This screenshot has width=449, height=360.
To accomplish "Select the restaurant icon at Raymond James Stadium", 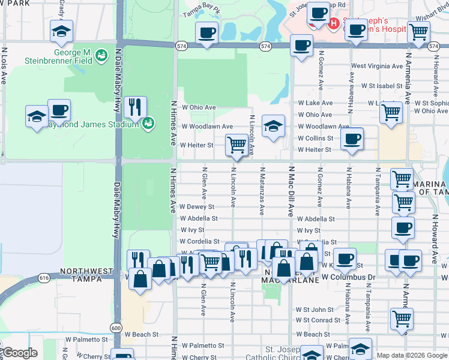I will coord(135,107).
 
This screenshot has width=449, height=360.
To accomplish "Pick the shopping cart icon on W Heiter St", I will coord(237,145).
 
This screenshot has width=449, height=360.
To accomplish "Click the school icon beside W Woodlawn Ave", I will coord(273,127).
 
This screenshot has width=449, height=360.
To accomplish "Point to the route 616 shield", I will coord(44,278).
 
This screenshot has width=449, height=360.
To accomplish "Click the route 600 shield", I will coord(116,328).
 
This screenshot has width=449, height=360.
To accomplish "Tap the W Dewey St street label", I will coord(197,207).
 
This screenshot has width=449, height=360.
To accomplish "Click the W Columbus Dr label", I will coord(348,277).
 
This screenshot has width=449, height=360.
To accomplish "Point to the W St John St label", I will coord(314,310).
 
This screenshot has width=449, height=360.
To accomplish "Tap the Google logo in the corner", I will coord(19,353).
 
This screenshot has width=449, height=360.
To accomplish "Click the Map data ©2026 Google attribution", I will coord(411,355).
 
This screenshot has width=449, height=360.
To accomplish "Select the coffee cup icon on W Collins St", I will coord(351,139).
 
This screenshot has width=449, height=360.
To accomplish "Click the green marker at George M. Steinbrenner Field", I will coord(101,55).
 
